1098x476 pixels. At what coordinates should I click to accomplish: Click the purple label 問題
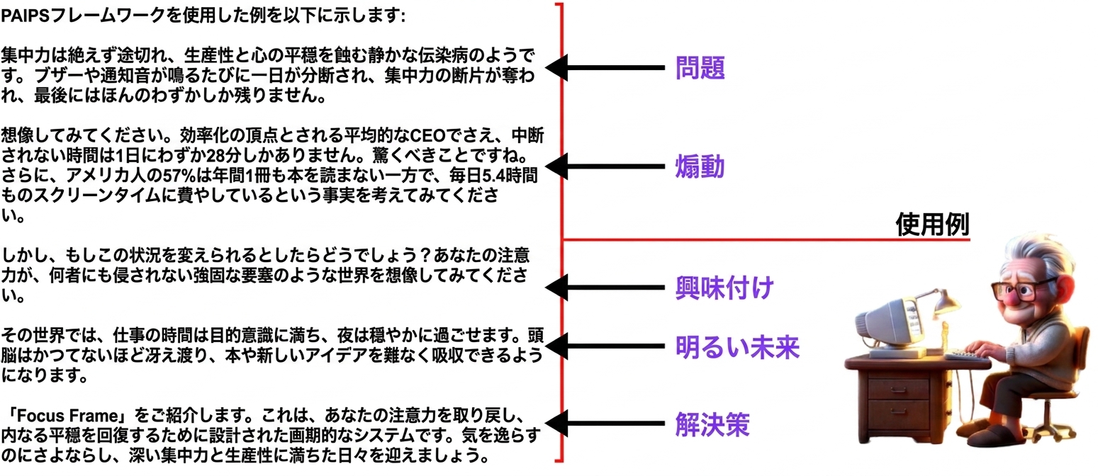(x=700, y=67)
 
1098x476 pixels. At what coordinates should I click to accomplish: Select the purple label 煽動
(x=700, y=166)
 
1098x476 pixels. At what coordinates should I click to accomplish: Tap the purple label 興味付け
(x=724, y=288)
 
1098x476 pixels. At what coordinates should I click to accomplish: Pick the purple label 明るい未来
(x=737, y=346)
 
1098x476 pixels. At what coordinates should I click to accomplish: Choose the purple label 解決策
(x=712, y=424)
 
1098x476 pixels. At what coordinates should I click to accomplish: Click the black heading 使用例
(x=932, y=225)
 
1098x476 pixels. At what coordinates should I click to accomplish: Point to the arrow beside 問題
(x=605, y=67)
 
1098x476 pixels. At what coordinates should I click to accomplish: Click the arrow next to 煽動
(x=605, y=166)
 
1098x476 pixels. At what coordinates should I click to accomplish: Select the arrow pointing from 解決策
(x=605, y=424)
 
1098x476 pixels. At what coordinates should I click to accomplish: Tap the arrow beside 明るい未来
(x=605, y=346)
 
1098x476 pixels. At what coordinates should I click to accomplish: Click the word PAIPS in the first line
(x=26, y=16)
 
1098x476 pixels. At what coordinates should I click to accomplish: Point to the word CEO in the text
(x=427, y=135)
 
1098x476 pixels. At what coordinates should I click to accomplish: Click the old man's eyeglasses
(x=1024, y=290)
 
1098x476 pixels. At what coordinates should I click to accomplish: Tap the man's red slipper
(x=995, y=434)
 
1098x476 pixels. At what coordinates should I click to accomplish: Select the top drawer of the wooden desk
(x=899, y=390)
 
